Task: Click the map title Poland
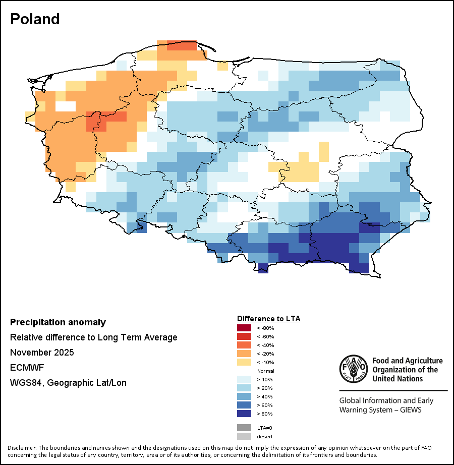pyautogui.click(x=35, y=19)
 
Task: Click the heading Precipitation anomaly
pyautogui.click(x=58, y=322)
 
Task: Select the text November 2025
pyautogui.click(x=42, y=353)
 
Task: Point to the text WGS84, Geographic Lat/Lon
pyautogui.click(x=68, y=383)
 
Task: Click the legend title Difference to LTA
pyautogui.click(x=268, y=319)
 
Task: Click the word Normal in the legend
pyautogui.click(x=266, y=371)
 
